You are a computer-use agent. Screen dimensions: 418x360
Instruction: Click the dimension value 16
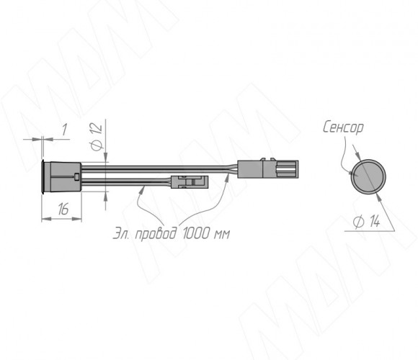pos(63,209)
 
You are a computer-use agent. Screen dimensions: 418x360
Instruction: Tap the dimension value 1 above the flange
pos(64,130)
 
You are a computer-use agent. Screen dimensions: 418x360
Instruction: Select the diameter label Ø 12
pos(97,137)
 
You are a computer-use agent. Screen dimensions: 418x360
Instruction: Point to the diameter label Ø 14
pos(367,222)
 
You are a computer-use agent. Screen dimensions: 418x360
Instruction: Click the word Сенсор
pos(343,127)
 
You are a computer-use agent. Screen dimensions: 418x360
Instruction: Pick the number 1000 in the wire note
pos(197,233)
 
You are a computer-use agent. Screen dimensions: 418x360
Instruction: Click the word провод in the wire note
pos(156,234)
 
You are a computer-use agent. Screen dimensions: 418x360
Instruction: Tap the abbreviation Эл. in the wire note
pos(122,234)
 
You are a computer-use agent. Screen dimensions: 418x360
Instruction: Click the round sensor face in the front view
pos(368,176)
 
